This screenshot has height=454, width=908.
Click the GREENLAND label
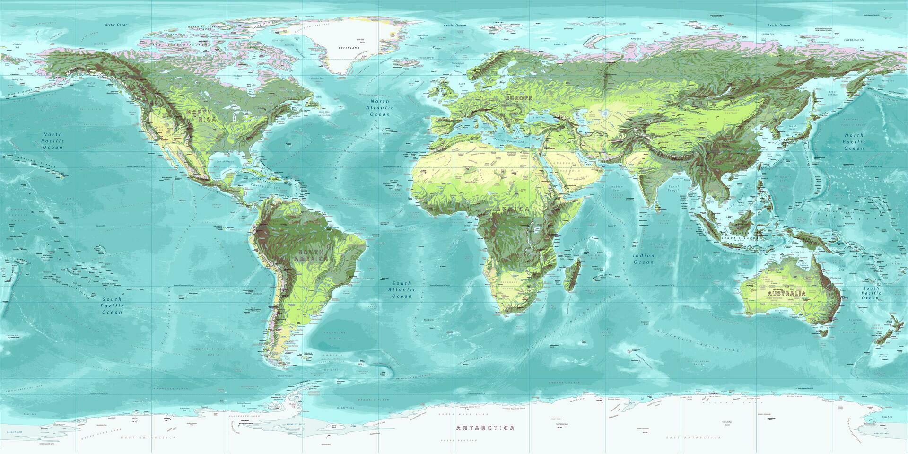(x=349, y=48)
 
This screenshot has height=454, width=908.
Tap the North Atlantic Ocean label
(x=380, y=107)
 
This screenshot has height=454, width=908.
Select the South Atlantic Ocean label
(x=402, y=289)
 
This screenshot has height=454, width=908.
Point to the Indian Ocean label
(x=644, y=259)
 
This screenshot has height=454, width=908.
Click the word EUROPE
(x=519, y=98)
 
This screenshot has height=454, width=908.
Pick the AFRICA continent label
(x=513, y=209)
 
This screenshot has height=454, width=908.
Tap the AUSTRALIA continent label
(x=786, y=294)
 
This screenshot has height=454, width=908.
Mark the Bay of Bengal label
(x=673, y=189)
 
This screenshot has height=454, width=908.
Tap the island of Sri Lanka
(x=658, y=207)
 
